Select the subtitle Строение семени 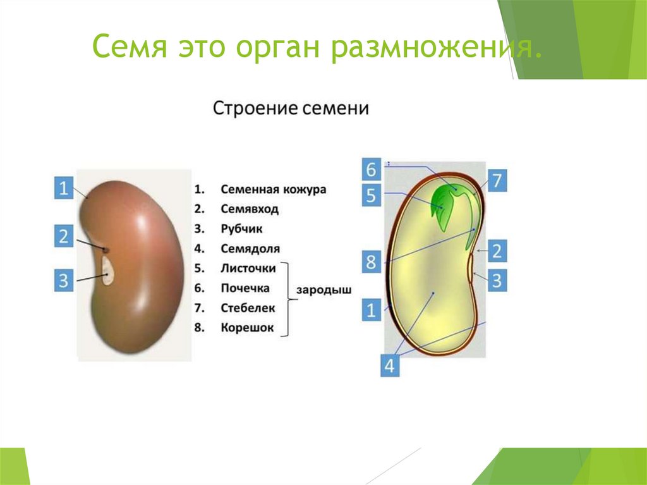pyautogui.click(x=291, y=109)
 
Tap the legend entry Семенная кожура pyautogui.click(x=273, y=190)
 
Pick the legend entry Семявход pyautogui.click(x=250, y=209)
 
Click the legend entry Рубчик pyautogui.click(x=241, y=229)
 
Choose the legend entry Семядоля pyautogui.click(x=250, y=249)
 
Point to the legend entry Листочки pyautogui.click(x=248, y=269)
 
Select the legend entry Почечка pyautogui.click(x=245, y=288)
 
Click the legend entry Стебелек pyautogui.click(x=248, y=308)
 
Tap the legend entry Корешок pyautogui.click(x=247, y=328)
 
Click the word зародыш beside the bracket pyautogui.click(x=324, y=290)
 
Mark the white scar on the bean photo pyautogui.click(x=108, y=271)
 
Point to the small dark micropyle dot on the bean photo pyautogui.click(x=106, y=250)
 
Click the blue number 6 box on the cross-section pyautogui.click(x=372, y=169)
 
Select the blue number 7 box pyautogui.click(x=497, y=180)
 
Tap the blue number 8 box pyautogui.click(x=372, y=262)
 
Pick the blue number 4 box pyautogui.click(x=390, y=365)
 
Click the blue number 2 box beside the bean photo pyautogui.click(x=64, y=236)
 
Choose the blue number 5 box pyautogui.click(x=372, y=195)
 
